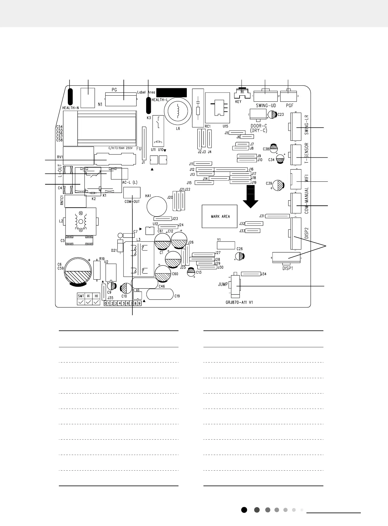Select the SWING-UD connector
coord(265,96)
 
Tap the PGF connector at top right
coord(289,96)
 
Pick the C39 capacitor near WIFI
coord(280,185)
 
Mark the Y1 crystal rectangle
coord(226,245)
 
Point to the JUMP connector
coord(236,285)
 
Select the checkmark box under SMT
coord(81,302)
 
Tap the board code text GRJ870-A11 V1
coord(237,302)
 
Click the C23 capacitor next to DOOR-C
coord(272,114)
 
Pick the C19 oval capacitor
coord(160,294)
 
